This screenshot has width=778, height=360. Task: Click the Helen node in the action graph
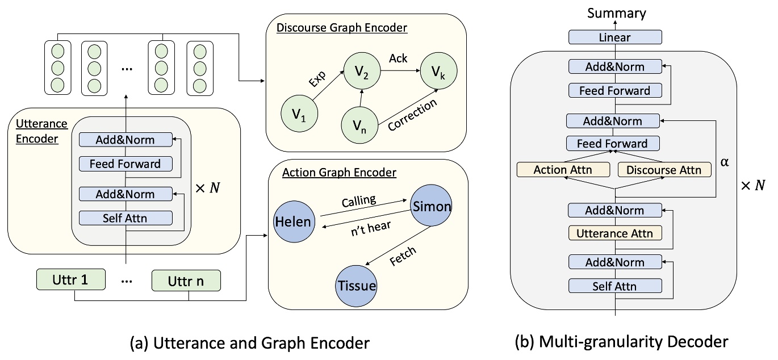293,222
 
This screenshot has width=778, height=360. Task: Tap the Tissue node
357,285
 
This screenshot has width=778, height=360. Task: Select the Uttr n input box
186,280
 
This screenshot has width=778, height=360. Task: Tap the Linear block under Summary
615,37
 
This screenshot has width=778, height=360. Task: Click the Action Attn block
563,169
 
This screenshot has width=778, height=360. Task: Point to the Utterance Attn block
615,233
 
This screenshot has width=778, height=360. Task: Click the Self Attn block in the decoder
615,287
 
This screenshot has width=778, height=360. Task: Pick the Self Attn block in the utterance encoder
126,217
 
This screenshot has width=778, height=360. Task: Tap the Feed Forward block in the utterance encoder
126,164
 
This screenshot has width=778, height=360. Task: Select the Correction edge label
413,115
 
